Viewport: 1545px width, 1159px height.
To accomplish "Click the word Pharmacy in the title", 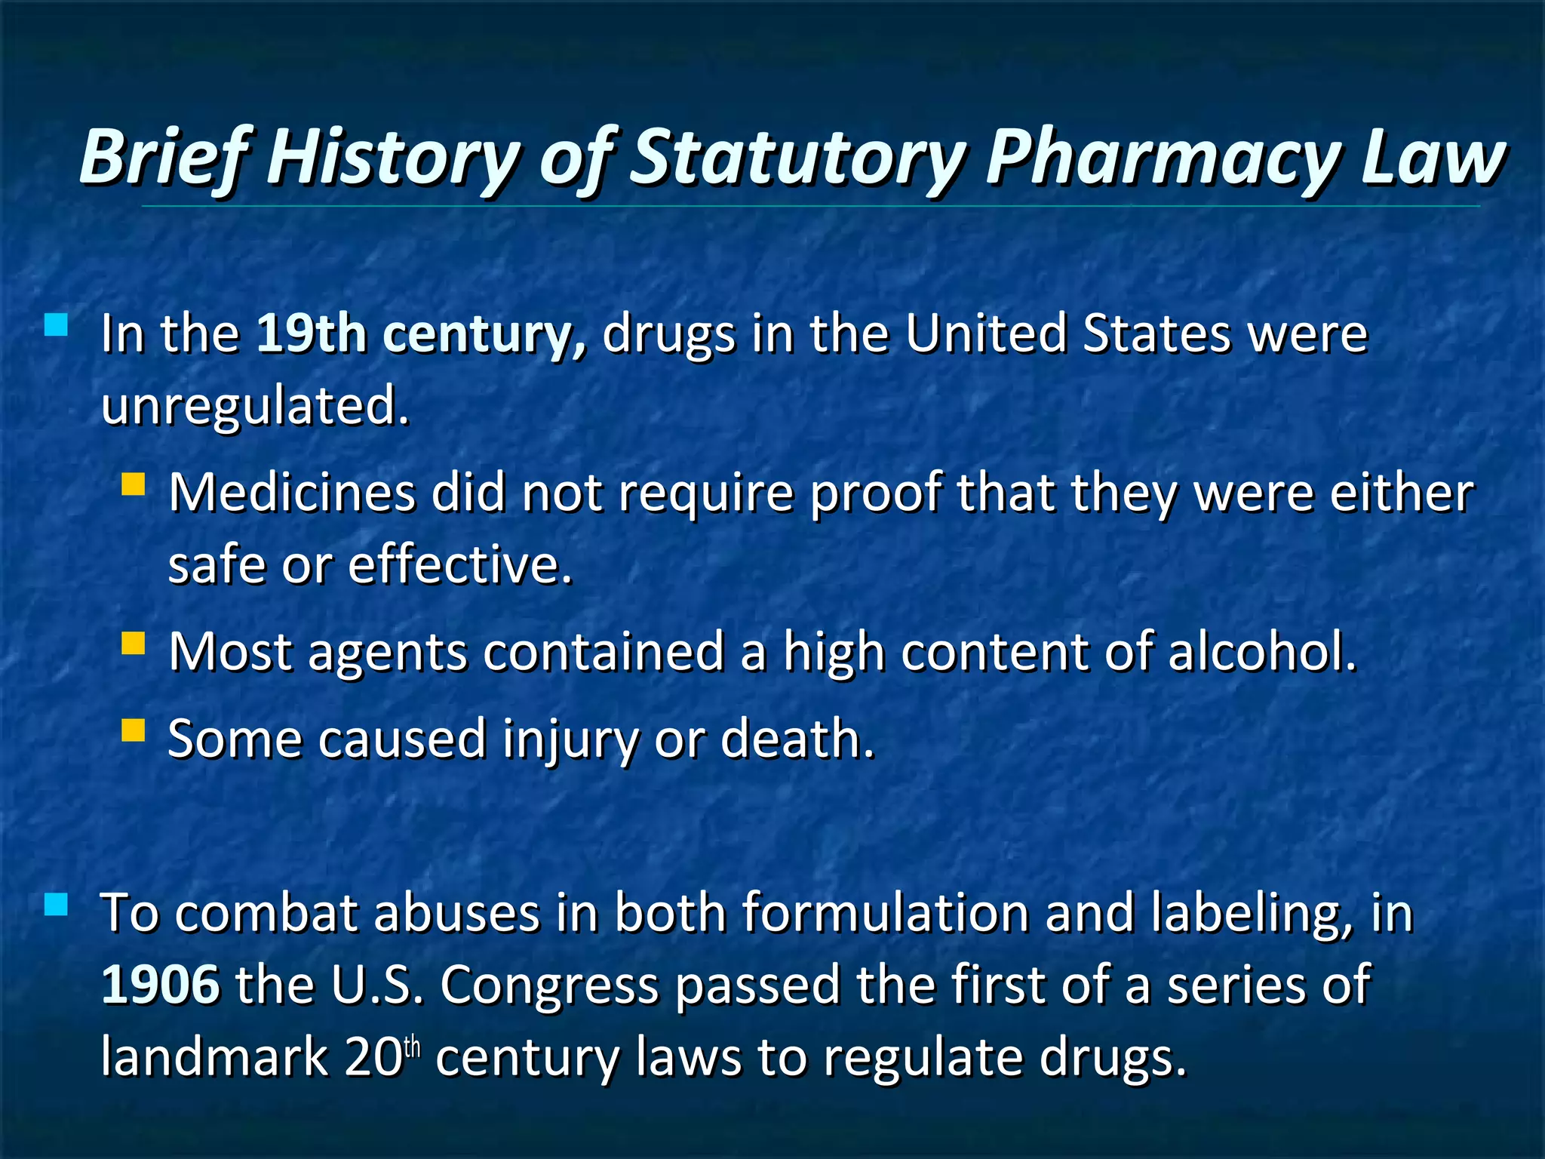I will click(1163, 158).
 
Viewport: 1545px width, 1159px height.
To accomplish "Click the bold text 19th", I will click(312, 333).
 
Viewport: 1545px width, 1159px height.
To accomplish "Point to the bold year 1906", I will click(161, 985).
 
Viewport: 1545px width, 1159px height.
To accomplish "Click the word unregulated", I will click(255, 405).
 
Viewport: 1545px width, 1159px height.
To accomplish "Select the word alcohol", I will click(1261, 651).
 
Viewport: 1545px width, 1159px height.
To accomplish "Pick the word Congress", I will click(549, 985).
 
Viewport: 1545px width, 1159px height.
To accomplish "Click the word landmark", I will click(214, 1056).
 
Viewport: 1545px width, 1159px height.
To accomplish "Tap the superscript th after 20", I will click(412, 1048).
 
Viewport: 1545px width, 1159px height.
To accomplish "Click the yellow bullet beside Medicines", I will click(133, 484).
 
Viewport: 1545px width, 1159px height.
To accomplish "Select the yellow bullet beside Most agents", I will click(133, 643).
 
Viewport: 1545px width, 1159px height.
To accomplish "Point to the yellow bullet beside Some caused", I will click(133, 730).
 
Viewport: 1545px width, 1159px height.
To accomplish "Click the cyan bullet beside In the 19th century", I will click(56, 325).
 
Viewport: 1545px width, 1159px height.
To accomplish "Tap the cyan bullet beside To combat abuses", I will click(56, 904).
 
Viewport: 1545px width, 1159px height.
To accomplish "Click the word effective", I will click(460, 564).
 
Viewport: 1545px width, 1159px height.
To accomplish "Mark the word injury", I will click(570, 739).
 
